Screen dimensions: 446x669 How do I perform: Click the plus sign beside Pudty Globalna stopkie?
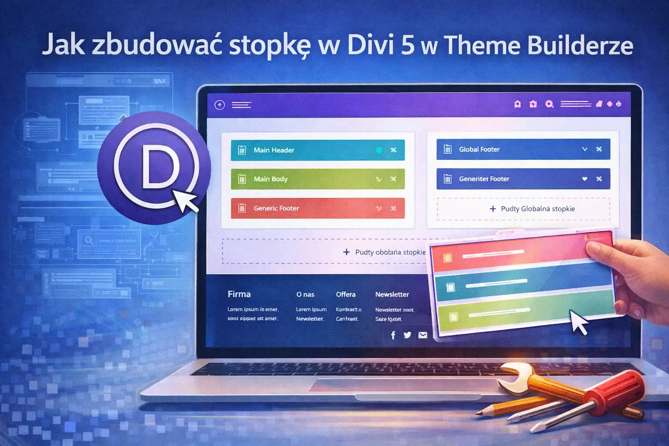click(493, 209)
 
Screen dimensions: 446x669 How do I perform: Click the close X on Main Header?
click(393, 150)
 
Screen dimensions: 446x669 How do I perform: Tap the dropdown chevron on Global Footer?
click(585, 149)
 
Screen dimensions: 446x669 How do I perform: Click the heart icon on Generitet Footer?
click(585, 179)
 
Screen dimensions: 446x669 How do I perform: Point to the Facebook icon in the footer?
click(393, 335)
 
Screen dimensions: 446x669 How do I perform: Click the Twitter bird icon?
click(407, 335)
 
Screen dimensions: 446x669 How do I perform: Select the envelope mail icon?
click(422, 335)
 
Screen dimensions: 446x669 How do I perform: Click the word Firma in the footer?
click(239, 294)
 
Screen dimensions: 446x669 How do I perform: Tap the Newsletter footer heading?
click(392, 294)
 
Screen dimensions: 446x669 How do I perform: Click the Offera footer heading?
click(346, 294)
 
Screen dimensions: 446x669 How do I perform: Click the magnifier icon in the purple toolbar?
click(549, 104)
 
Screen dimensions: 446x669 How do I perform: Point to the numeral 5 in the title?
click(408, 45)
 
